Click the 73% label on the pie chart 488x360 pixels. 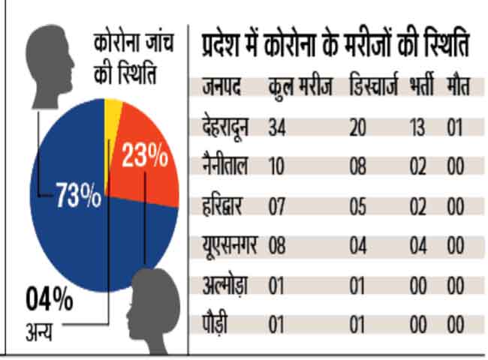pos(78,196)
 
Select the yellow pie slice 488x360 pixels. pos(113,112)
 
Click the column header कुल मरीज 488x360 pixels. pos(300,88)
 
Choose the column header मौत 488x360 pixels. pos(457,88)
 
